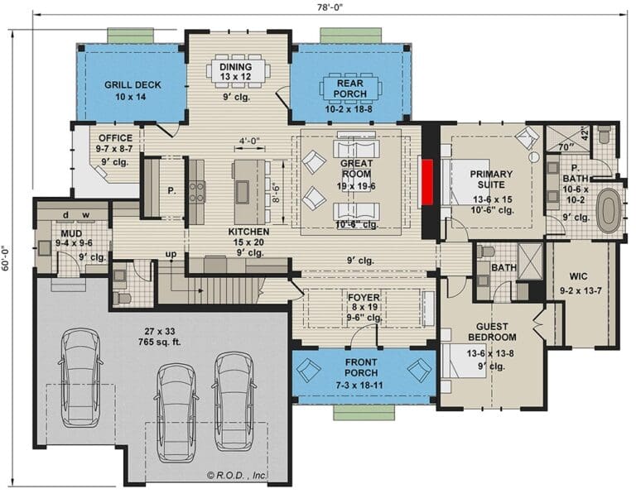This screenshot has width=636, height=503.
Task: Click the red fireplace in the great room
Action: (428, 183)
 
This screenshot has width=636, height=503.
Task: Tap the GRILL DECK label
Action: (132, 84)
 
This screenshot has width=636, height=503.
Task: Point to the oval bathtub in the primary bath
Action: (609, 211)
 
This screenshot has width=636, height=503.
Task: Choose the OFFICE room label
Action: (115, 138)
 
